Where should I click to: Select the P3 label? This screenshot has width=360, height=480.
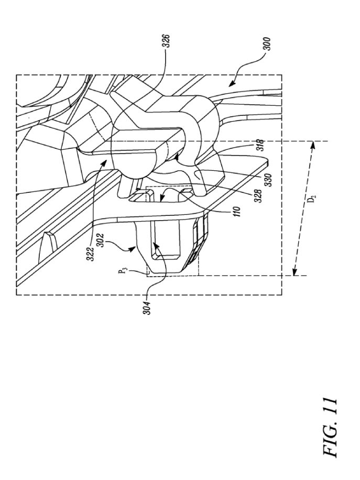(x=123, y=271)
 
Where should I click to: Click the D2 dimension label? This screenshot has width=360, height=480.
(x=312, y=200)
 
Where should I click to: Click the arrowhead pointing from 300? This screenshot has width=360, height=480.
(x=232, y=83)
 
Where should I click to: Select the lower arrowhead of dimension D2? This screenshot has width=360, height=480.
(x=294, y=272)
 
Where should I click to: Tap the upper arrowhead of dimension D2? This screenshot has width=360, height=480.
(x=312, y=145)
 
